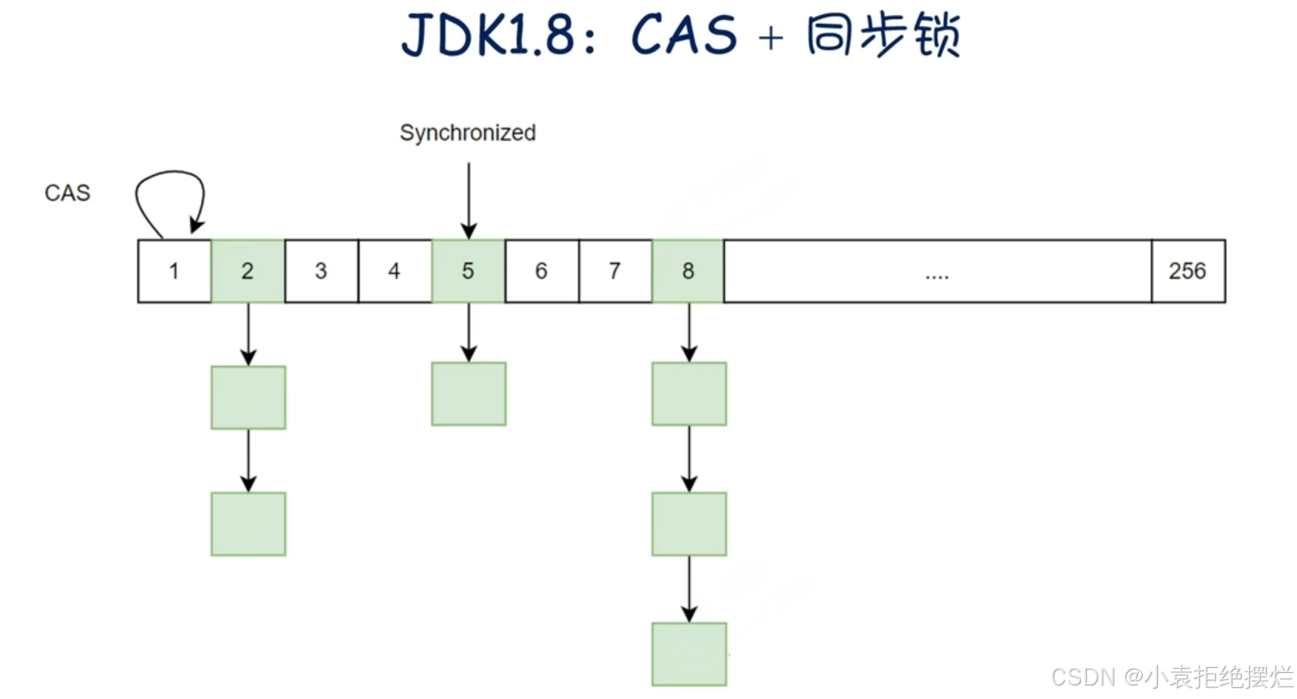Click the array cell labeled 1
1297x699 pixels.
pos(174,271)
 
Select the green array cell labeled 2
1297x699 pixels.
pos(248,271)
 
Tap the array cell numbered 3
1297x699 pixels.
pos(321,271)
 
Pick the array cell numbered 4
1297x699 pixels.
pos(394,271)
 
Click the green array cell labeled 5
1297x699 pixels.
pos(468,271)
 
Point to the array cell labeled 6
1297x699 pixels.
pos(542,271)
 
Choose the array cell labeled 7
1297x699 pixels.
pos(615,271)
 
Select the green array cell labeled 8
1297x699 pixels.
pos(688,271)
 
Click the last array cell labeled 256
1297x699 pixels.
pos(1187,271)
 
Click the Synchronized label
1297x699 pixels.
pos(467,133)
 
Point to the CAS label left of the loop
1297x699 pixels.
pos(67,193)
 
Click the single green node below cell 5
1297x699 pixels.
pos(469,394)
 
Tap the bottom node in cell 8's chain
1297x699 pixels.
pos(689,655)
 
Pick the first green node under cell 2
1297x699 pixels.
pos(248,397)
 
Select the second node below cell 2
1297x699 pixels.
pos(248,524)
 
